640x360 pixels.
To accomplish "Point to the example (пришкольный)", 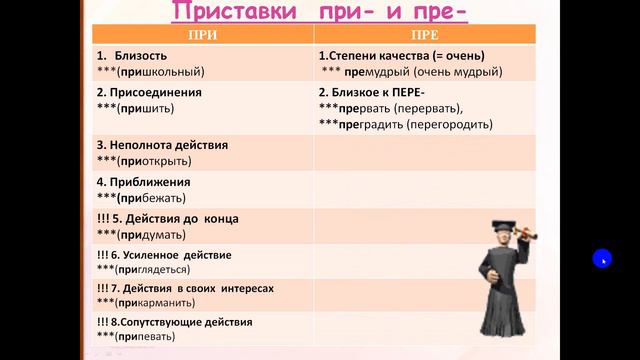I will (x=160, y=72).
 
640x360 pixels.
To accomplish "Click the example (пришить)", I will (x=148, y=107).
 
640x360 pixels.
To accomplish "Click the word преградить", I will (x=364, y=125).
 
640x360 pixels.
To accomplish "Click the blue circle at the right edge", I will (x=600, y=259).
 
